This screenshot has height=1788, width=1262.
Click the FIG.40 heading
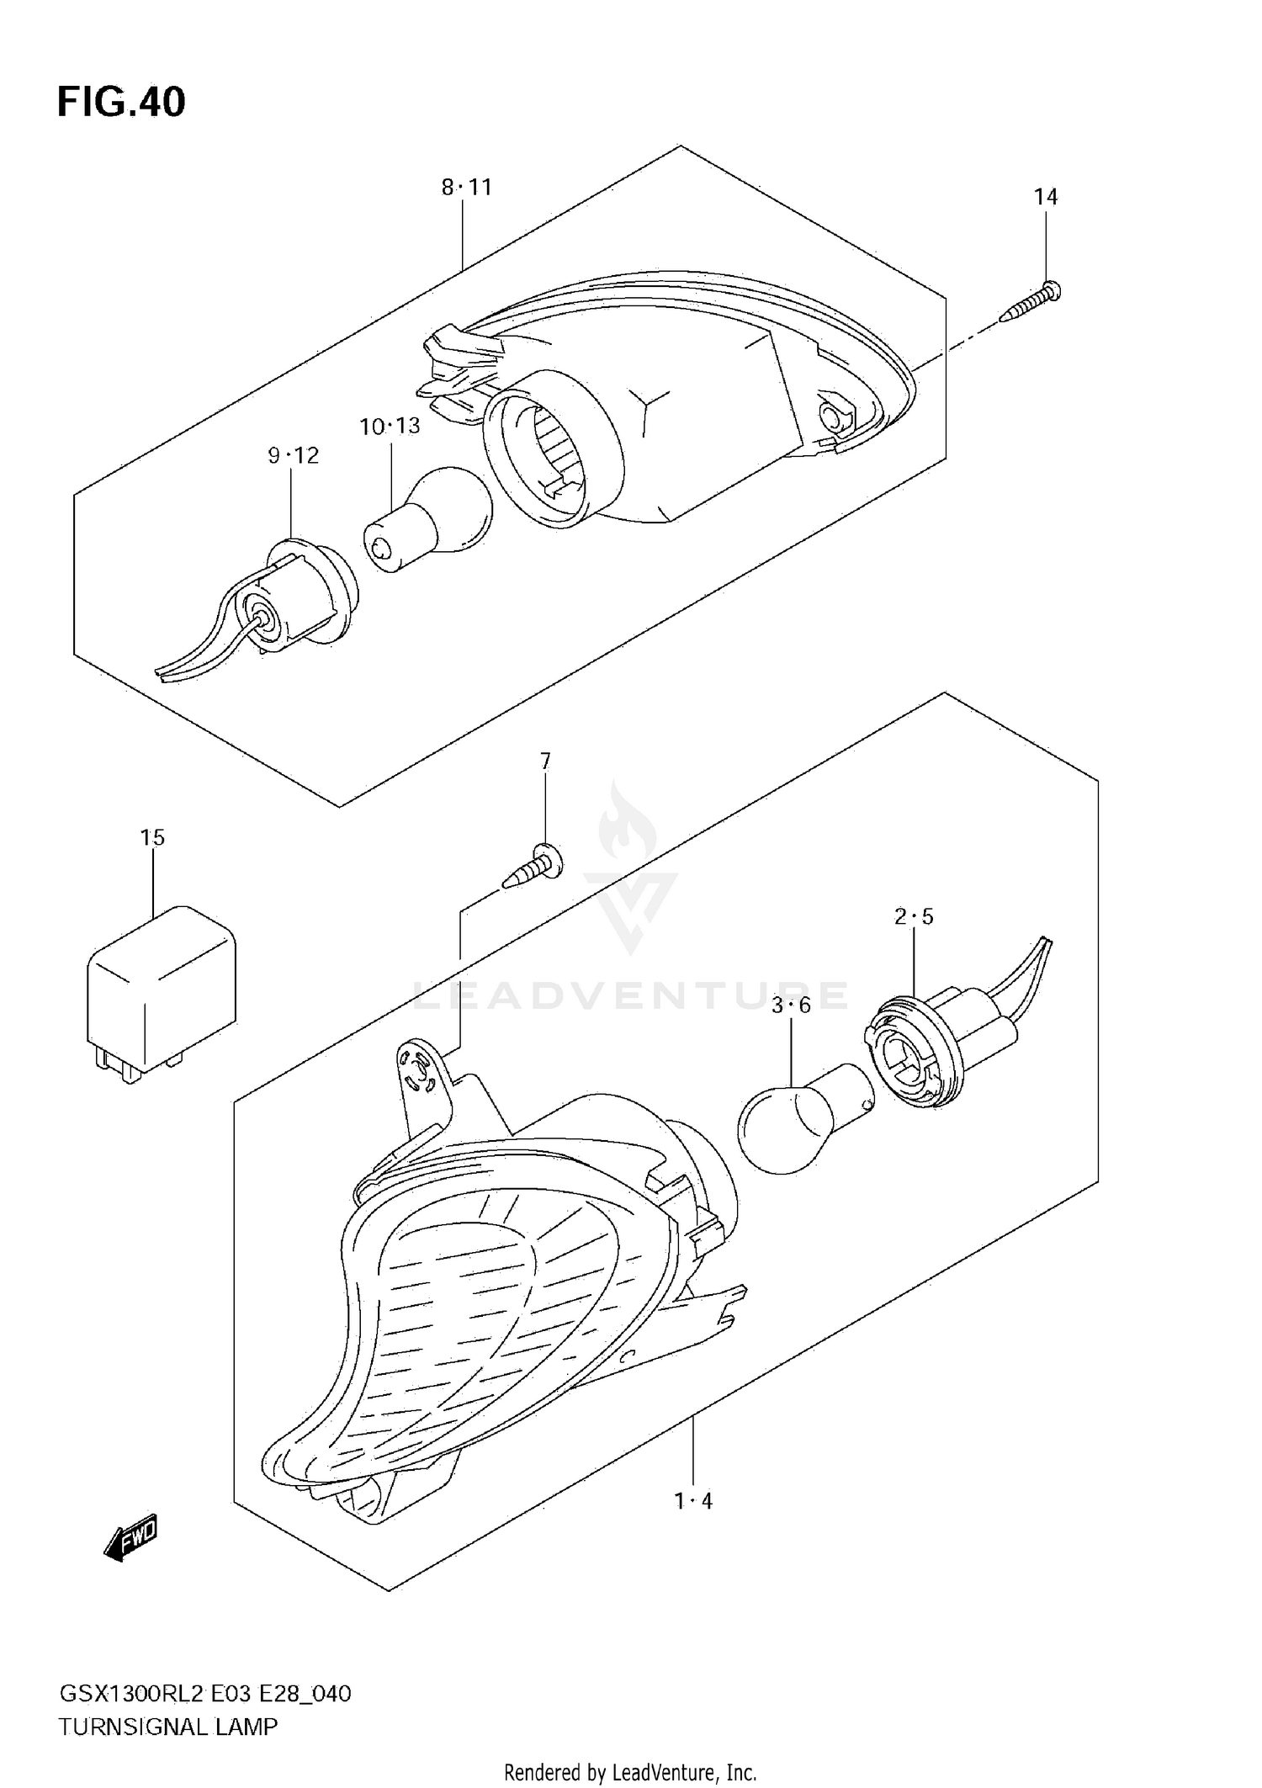pos(121,103)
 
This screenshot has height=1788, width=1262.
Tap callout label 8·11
pos(467,187)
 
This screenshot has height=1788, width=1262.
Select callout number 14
pos(1046,197)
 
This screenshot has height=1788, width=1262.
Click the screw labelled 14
pos(1031,304)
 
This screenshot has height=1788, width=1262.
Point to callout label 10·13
pos(390,427)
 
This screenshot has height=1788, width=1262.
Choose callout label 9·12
pos(294,456)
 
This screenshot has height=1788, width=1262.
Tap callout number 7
pos(545,761)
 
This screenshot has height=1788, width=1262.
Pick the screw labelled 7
pos(533,867)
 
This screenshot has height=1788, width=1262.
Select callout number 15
pos(152,837)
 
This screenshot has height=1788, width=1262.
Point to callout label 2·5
pos(914,916)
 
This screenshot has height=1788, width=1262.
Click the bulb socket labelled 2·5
pos(913,1052)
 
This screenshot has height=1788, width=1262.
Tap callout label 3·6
pos(791,1005)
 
